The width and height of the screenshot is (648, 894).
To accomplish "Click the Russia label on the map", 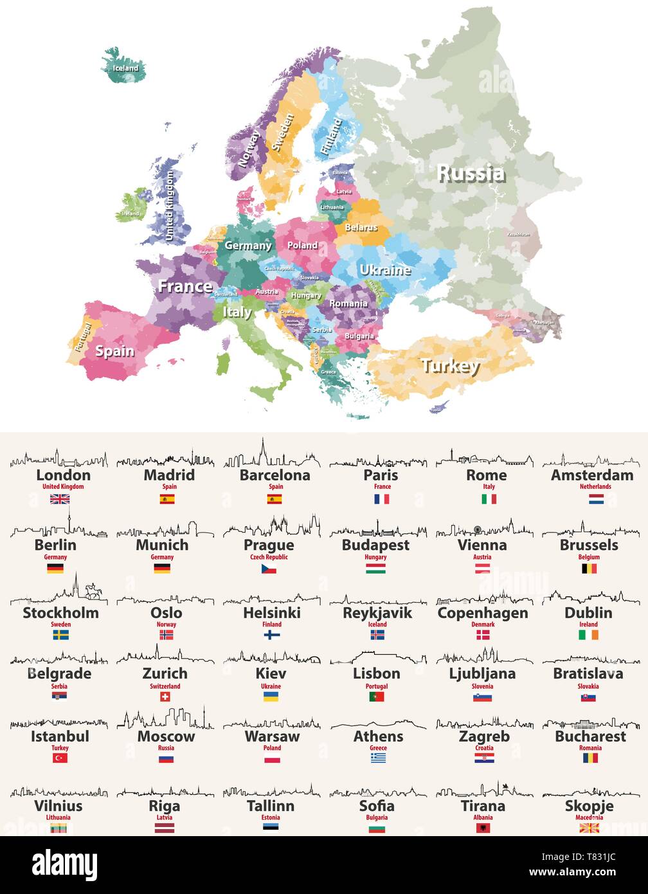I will [471, 173].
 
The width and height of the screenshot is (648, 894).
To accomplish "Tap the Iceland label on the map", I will [125, 68].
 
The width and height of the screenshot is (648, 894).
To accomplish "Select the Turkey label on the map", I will [450, 366].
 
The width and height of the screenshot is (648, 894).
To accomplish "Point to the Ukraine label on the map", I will [384, 270].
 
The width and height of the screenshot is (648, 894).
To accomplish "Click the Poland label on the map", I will [302, 246].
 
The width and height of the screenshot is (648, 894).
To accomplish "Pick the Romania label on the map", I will [348, 304].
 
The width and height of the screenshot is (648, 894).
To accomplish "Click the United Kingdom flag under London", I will [60, 498].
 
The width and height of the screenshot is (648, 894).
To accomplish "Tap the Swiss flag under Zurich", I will [165, 697].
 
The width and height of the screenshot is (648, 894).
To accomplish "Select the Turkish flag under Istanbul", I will [60, 758].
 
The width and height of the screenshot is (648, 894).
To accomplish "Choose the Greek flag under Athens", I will [378, 758].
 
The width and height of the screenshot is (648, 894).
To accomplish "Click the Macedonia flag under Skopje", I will [589, 828].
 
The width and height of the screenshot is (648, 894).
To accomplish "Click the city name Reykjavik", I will [377, 613].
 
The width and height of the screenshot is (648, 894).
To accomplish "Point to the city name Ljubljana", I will [482, 674].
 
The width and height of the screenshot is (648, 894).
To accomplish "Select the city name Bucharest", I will [590, 736].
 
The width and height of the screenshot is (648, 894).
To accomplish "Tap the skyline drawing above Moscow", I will [165, 719].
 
